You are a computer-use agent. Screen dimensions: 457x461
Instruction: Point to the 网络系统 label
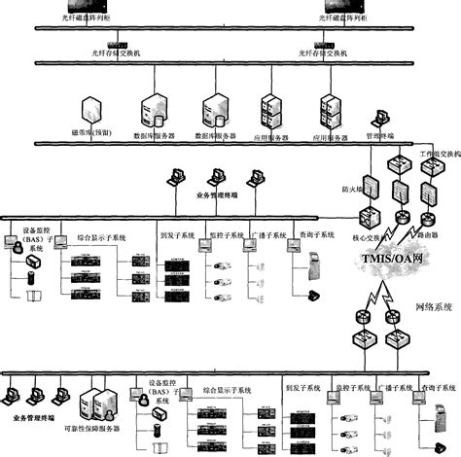point(434,307)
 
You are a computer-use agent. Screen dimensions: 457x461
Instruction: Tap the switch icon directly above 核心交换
point(371,216)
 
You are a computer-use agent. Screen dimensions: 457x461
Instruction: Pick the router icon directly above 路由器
point(426,216)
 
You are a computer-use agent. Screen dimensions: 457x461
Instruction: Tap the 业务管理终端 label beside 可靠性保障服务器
point(36,417)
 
